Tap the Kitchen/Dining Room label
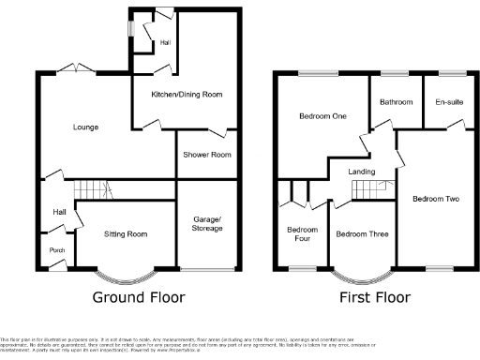186,94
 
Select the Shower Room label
205,156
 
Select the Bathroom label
397,101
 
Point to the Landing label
362,172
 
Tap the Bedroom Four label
302,234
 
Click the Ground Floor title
138,297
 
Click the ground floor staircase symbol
94,188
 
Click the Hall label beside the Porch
58,213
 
